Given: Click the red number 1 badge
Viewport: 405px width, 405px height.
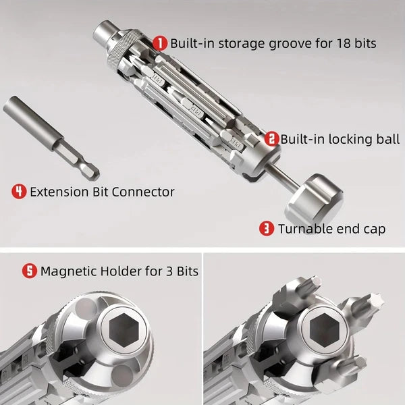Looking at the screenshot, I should click(x=160, y=43).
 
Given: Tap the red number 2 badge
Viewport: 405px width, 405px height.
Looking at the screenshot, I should click(x=271, y=139).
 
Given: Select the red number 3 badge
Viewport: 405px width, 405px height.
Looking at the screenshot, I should click(x=267, y=229).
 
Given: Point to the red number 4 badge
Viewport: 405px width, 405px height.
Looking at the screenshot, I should click(x=19, y=192).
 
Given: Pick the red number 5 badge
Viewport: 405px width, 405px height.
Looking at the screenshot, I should click(x=30, y=271).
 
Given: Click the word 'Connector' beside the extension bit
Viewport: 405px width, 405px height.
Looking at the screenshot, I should click(x=142, y=192).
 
